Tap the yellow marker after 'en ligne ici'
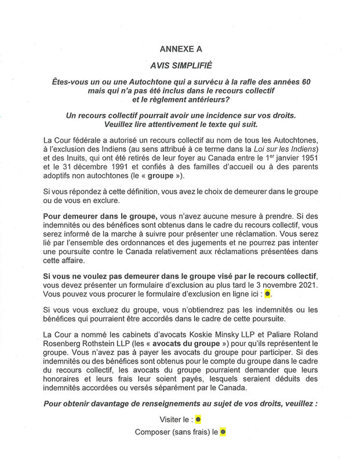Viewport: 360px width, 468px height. point(267,295)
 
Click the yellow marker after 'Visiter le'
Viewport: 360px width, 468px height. point(198,419)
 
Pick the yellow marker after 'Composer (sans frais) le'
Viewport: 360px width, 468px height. point(222,432)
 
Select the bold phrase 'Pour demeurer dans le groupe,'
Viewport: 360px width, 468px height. point(96,215)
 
